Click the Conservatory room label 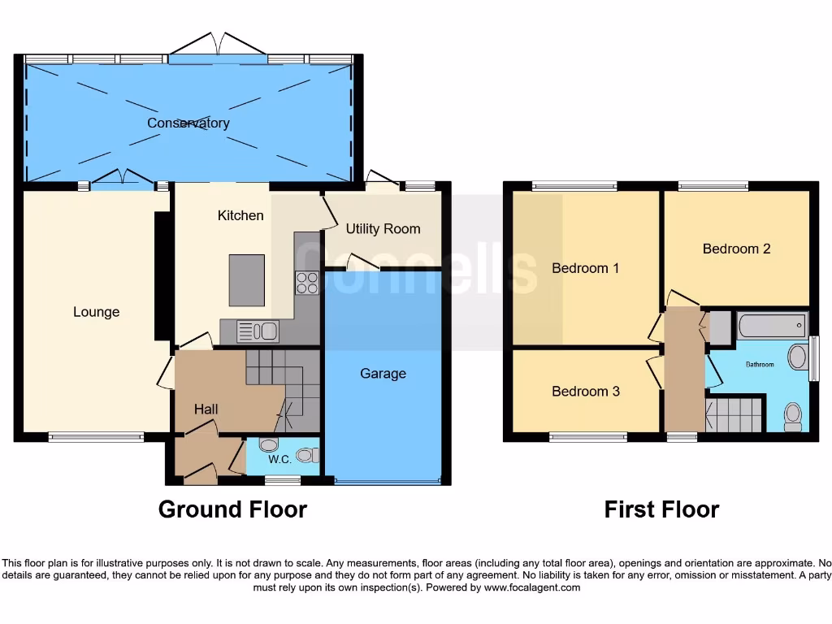point(188,123)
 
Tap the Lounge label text point(96,312)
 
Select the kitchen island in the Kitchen point(246,280)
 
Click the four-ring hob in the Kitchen point(307,283)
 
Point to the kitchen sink point(258,331)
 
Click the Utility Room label point(383,229)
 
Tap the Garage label point(383,374)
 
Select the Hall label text point(206,409)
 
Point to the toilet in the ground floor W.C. point(306,454)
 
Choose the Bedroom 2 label point(736,249)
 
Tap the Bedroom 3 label point(585,392)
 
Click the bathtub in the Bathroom point(771,327)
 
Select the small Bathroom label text point(760,365)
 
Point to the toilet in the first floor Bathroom point(792,416)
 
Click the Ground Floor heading point(232,509)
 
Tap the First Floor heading point(661,509)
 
